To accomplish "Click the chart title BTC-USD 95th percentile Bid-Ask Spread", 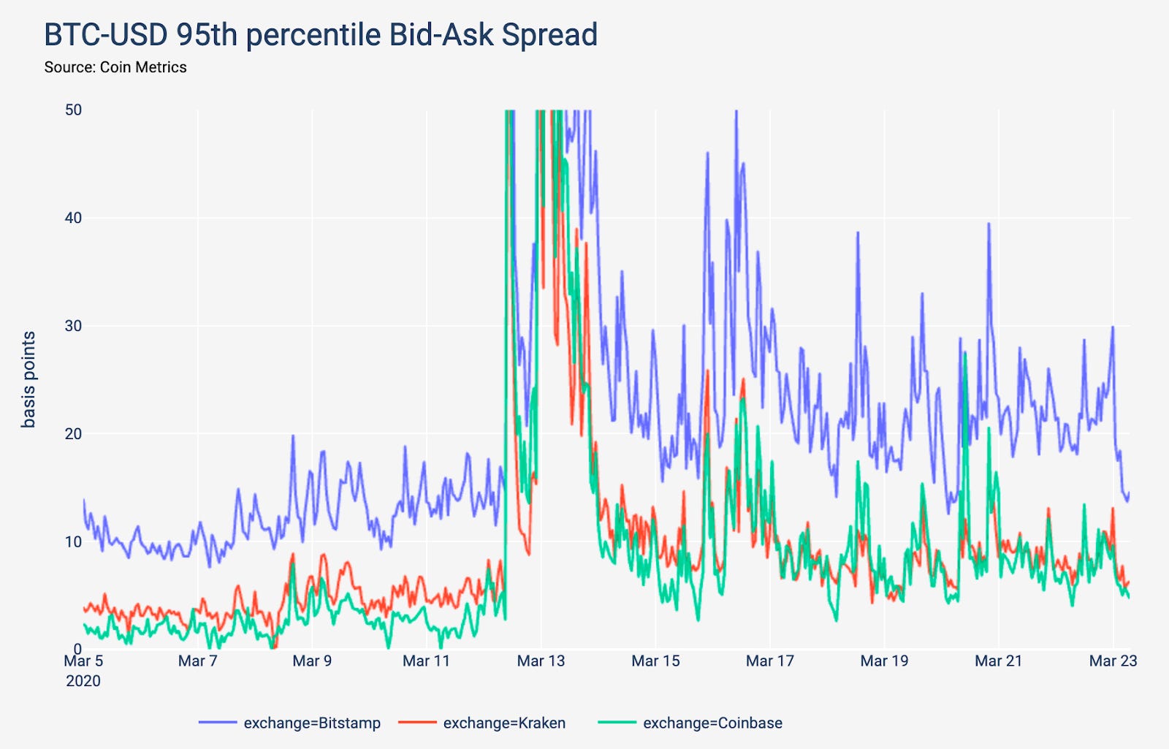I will (321, 34).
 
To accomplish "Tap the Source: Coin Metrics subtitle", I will (115, 67).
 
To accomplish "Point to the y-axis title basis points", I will (28, 379).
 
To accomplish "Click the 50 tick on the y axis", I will (73, 110).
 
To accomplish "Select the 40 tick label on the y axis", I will (73, 218).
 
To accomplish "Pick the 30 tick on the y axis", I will (73, 326).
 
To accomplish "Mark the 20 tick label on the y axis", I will (73, 434).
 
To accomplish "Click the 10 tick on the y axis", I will (73, 541).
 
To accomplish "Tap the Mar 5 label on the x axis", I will (83, 661).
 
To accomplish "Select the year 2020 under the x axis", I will (83, 681).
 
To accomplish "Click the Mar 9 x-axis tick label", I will (312, 661).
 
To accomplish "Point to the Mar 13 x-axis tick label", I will (541, 661).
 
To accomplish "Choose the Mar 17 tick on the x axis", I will (769, 661).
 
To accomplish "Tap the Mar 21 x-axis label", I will (998, 661).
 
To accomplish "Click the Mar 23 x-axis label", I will (1113, 661).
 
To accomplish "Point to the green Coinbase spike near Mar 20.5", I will (965, 354).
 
